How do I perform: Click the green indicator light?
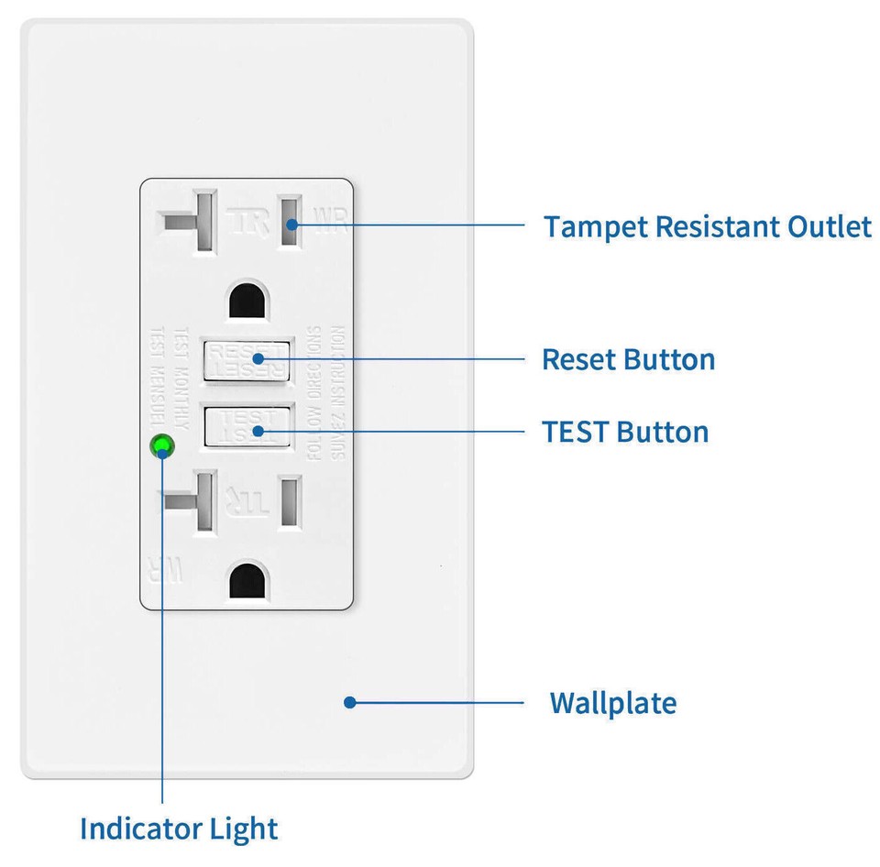[162, 446]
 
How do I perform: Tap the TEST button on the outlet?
[247, 428]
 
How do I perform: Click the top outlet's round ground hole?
[247, 300]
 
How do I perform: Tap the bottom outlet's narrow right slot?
[291, 500]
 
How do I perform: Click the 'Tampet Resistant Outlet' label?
[707, 226]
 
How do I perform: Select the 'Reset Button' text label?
[628, 359]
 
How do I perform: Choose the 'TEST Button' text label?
[625, 432]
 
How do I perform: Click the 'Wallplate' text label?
[612, 703]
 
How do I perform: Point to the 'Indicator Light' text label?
[179, 829]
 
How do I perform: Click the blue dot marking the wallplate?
[349, 703]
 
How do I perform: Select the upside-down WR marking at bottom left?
[165, 570]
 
